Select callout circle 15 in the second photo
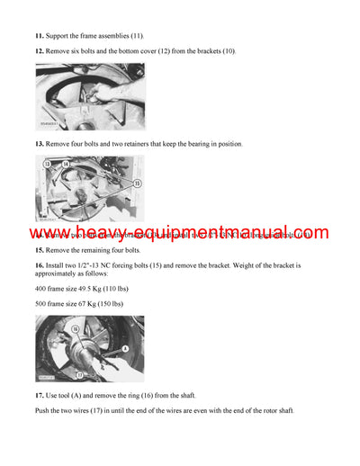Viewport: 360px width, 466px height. (x=137, y=183)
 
